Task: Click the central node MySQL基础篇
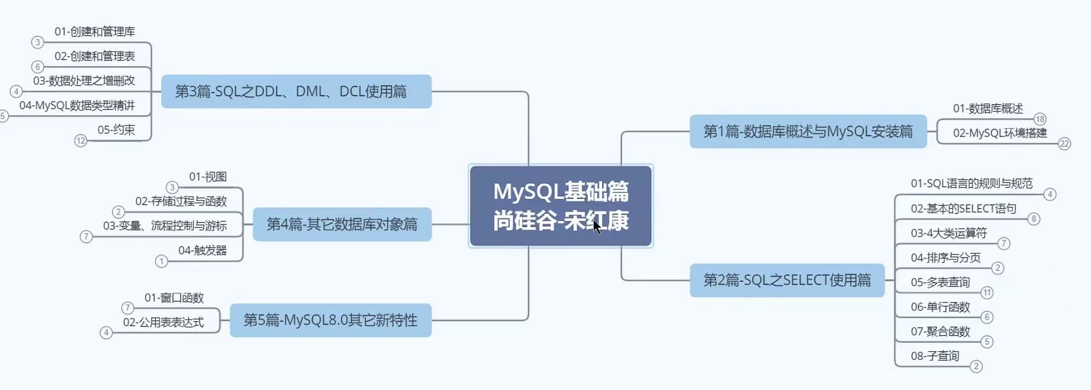pos(561,206)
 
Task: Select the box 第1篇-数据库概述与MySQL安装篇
pos(808,132)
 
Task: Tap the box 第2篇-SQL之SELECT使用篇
pos(787,280)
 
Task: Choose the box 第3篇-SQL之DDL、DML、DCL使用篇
pos(296,91)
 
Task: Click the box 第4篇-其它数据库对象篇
pos(342,224)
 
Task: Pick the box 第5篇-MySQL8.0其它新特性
pos(330,320)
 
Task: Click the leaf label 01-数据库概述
pos(988,109)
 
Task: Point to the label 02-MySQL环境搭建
pos(1000,133)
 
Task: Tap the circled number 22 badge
pos(1064,144)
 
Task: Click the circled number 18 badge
pos(1040,119)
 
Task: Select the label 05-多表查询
pos(940,282)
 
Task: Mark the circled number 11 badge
pos(987,293)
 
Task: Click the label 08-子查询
pos(935,356)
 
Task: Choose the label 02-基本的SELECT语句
pos(964,209)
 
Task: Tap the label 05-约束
pos(116,130)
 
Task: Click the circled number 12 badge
pos(81,141)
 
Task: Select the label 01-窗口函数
pos(174,298)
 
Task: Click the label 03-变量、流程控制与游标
pos(165,226)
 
